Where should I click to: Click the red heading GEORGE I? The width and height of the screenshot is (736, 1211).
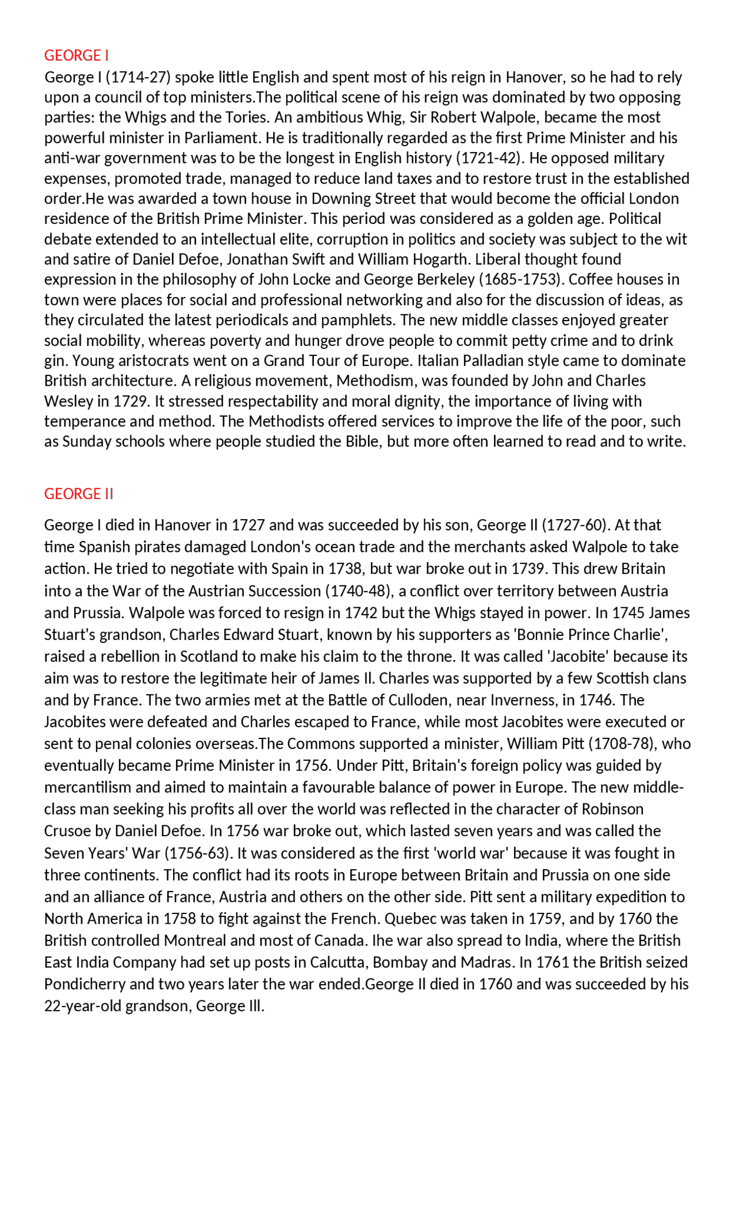[x=76, y=55]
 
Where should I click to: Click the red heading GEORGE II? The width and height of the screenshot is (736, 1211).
[x=79, y=494]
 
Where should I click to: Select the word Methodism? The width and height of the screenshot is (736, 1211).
[x=375, y=381]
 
